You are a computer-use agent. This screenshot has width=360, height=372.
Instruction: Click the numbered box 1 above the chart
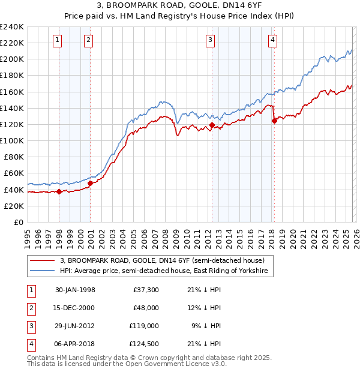click(57, 40)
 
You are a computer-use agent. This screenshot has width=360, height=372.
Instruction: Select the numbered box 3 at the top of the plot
click(211, 40)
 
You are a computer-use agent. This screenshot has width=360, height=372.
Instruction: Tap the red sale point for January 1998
click(59, 192)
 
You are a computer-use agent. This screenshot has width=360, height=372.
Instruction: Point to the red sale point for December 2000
click(90, 183)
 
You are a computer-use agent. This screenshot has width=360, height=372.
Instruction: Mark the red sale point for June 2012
click(212, 125)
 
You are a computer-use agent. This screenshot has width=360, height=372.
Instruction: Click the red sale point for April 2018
click(274, 121)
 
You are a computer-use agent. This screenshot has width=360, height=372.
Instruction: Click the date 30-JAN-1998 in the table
click(75, 289)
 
